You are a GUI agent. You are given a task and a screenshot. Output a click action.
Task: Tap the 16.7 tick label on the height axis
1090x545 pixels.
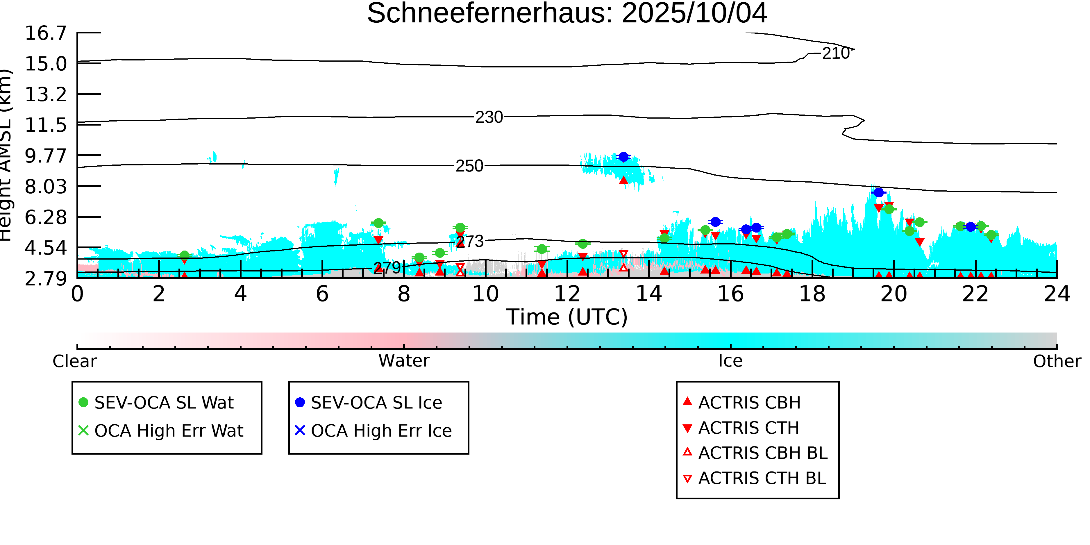pos(46,33)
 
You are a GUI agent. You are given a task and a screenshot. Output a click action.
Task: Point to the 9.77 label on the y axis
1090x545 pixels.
pos(46,156)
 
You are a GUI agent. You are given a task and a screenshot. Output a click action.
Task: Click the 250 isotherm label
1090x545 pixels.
pos(469,166)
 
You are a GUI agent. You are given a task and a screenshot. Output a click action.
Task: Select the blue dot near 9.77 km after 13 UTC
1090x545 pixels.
pos(623,157)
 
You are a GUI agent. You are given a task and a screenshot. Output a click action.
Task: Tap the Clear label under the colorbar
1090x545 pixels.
pos(74,361)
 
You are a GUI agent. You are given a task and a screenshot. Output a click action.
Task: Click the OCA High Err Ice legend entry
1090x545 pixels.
pos(381,431)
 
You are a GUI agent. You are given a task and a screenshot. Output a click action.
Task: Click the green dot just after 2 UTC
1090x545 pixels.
pos(184,255)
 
